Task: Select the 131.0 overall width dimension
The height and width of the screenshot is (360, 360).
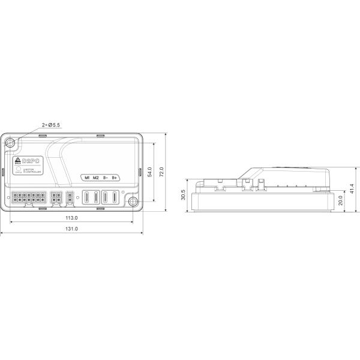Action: point(71,229)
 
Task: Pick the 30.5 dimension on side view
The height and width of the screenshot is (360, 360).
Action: point(182,195)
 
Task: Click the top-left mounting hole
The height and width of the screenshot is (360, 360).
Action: point(11,143)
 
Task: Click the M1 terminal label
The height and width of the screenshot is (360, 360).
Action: point(88,178)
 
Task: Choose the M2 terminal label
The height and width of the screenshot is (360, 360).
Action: point(96,178)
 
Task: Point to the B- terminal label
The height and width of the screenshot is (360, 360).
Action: point(105,178)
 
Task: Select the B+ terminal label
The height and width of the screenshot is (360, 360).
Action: point(115,178)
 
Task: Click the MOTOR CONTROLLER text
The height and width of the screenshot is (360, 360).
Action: point(32,171)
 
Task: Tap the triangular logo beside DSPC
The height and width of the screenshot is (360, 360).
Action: point(17,161)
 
